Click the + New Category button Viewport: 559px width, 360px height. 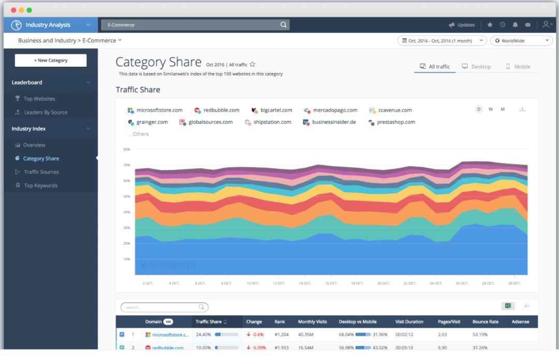click(x=51, y=61)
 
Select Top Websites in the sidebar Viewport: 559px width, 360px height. click(x=39, y=99)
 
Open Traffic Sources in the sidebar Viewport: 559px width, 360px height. click(x=41, y=172)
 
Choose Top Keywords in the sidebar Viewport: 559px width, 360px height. click(x=40, y=186)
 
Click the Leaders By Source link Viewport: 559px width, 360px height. click(x=46, y=112)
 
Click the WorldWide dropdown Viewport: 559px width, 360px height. click(x=521, y=40)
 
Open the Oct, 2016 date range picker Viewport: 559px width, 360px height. click(x=442, y=40)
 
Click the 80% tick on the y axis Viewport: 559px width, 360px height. click(x=126, y=149)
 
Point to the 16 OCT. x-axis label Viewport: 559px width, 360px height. click(x=331, y=283)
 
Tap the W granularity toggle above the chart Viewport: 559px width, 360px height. click(x=491, y=109)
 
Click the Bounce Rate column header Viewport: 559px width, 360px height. click(x=485, y=322)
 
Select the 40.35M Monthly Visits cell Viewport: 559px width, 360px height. click(x=305, y=335)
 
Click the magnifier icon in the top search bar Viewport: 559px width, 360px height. click(x=283, y=25)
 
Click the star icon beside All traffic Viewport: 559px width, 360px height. click(x=253, y=65)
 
